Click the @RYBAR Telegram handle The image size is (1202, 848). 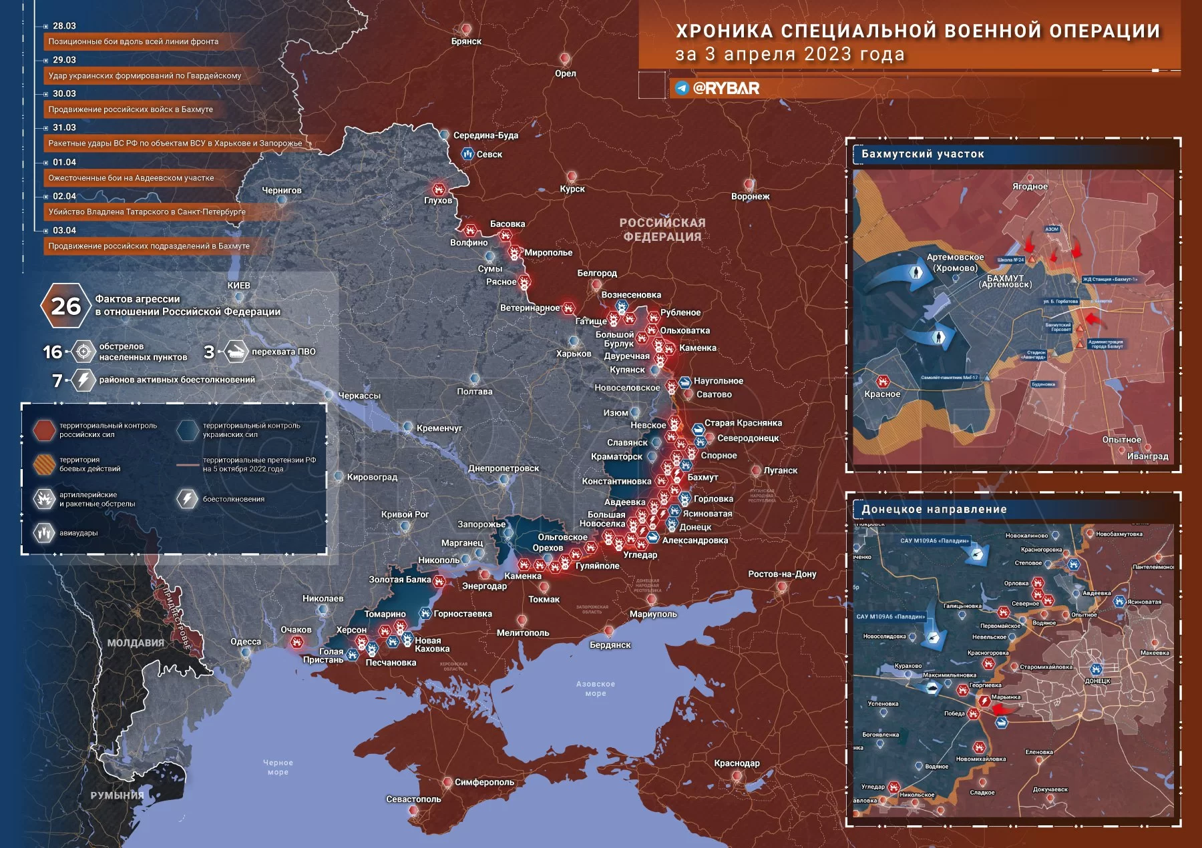click(x=726, y=88)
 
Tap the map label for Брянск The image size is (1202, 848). click(x=466, y=41)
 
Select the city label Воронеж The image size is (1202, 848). click(x=750, y=196)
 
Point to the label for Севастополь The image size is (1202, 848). click(x=413, y=799)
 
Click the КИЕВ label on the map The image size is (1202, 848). click(x=238, y=286)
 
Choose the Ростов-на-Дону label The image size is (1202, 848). click(x=782, y=574)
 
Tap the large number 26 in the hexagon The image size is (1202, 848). click(x=65, y=306)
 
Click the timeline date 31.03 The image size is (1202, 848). click(x=64, y=127)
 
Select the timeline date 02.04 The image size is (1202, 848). click(x=64, y=196)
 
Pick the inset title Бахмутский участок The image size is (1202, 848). click(x=922, y=154)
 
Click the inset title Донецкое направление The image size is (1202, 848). click(x=934, y=509)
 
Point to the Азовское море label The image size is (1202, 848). click(x=595, y=689)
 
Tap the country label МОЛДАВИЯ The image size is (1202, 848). click(x=136, y=643)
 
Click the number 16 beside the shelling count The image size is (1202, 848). click(x=52, y=352)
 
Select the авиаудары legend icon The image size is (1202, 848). click(x=44, y=532)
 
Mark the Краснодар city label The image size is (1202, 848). click(x=737, y=763)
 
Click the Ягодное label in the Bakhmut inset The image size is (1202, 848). click(x=1030, y=186)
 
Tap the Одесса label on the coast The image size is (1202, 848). click(x=246, y=642)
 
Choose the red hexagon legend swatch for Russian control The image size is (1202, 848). click(x=45, y=430)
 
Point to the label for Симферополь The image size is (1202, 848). click(x=484, y=782)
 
